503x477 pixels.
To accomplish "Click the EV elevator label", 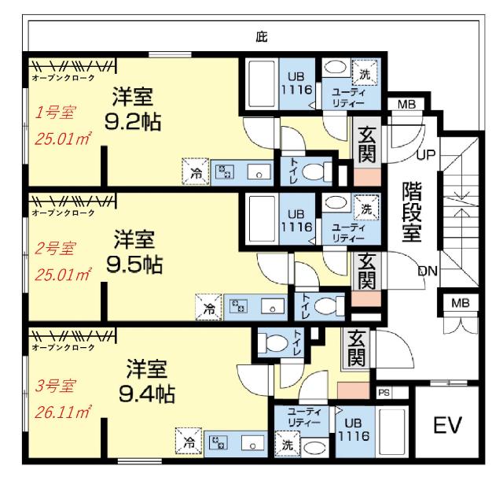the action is coord(447,425).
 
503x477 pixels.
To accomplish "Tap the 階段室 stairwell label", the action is coord(412,212).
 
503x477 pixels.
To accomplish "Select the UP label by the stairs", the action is coord(426,155).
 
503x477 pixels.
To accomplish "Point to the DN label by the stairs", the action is coord(428,272).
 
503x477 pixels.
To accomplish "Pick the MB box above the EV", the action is coord(461,303).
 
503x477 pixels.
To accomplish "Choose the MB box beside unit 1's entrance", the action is coord(406,104).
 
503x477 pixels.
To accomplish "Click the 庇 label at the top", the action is coord(262,37).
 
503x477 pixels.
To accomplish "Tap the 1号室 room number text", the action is coord(55,113).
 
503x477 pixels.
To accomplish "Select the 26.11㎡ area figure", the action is coord(63,412).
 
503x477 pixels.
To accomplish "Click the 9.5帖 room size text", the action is coord(134,264).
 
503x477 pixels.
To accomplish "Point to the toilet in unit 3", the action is coord(275,342).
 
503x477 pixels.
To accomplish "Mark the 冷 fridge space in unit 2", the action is coord(209,308).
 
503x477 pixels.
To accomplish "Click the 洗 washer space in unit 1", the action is coord(365,73).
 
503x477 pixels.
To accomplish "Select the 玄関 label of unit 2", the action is coord(367,272).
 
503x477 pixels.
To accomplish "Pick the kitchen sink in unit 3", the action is coord(252,443).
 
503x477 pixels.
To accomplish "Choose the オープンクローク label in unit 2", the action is coord(63,213).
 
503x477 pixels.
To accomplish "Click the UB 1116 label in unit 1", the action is coord(296,83).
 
